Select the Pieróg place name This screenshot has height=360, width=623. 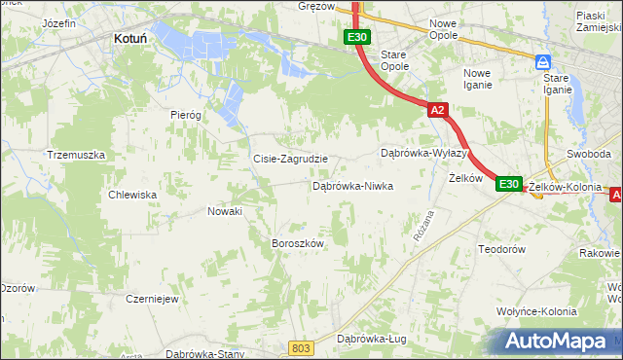point(185,115)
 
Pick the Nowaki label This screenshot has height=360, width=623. point(226,211)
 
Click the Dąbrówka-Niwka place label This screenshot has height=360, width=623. point(351,185)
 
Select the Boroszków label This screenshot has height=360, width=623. point(296,243)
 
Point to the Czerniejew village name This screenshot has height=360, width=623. point(151,299)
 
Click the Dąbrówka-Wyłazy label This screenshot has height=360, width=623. point(424,154)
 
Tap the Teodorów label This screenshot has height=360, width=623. point(502,249)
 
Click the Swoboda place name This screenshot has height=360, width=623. point(589,154)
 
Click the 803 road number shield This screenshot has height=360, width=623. point(302,347)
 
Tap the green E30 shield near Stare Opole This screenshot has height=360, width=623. point(356,38)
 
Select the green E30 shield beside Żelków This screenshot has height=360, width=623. point(509,183)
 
